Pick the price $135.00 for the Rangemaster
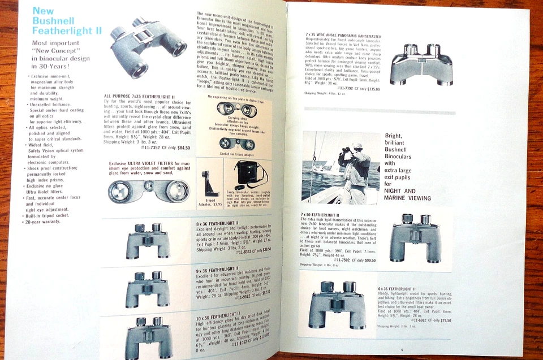(367, 89)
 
